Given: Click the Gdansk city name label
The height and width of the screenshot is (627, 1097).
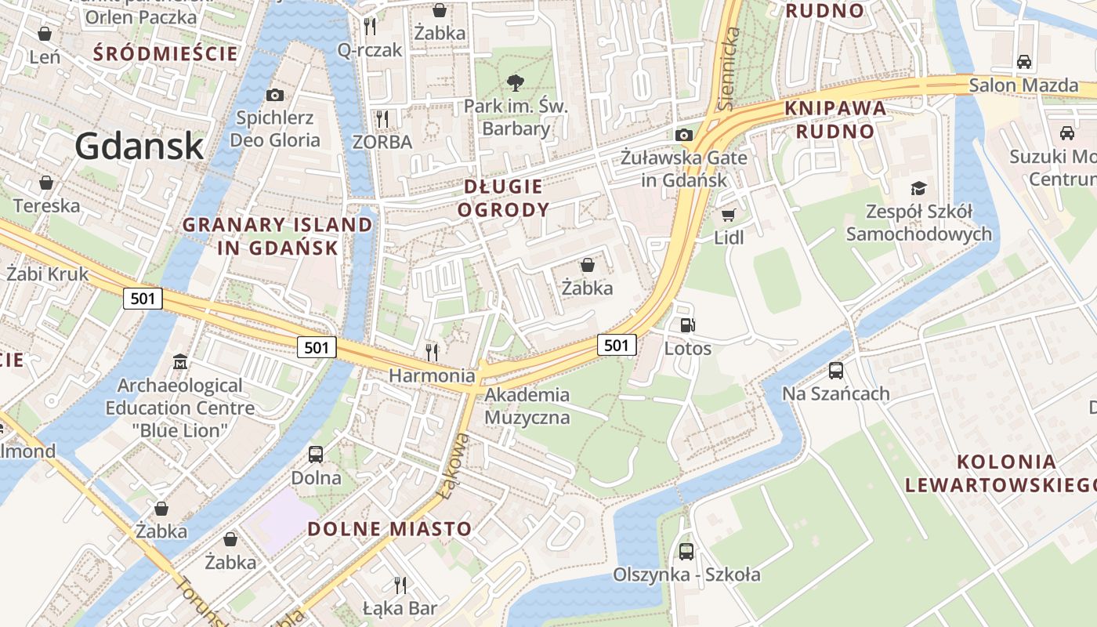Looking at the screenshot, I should [x=139, y=147].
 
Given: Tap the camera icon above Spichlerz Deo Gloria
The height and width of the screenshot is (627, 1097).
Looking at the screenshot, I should [x=275, y=95].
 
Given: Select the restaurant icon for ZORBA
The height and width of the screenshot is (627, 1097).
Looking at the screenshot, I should [x=382, y=119].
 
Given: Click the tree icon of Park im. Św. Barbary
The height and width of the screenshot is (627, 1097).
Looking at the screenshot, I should [x=515, y=82].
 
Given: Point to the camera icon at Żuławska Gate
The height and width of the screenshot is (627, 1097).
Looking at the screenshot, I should [x=684, y=135].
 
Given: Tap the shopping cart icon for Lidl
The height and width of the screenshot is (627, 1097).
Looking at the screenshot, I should [x=729, y=215].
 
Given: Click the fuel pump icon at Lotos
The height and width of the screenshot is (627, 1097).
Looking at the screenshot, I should [x=687, y=325].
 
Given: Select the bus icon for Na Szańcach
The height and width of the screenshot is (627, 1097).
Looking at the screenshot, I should [x=836, y=371].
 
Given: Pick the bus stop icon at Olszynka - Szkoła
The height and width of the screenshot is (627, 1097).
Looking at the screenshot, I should [x=686, y=551].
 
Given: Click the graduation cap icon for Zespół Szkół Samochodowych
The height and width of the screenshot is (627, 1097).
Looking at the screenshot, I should [x=918, y=188].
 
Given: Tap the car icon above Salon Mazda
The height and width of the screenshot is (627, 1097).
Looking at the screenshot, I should [x=1023, y=61].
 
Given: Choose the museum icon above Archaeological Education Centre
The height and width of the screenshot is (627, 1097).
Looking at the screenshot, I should [x=180, y=362].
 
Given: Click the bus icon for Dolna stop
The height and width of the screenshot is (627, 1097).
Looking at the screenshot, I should [x=316, y=454].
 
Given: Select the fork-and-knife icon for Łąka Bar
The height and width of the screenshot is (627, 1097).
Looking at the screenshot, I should [x=400, y=585].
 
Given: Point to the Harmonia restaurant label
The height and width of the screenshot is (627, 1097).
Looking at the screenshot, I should [x=432, y=375].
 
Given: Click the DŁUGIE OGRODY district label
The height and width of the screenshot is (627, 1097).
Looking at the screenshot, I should [x=503, y=198].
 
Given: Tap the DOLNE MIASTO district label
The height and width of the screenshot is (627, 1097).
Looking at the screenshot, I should [x=389, y=528].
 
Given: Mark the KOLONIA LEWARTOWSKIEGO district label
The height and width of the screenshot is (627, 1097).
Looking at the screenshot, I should [x=1000, y=473].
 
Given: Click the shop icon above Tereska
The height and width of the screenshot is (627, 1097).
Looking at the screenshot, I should [x=46, y=183].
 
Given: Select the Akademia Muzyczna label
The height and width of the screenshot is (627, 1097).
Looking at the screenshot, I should [x=527, y=405].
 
